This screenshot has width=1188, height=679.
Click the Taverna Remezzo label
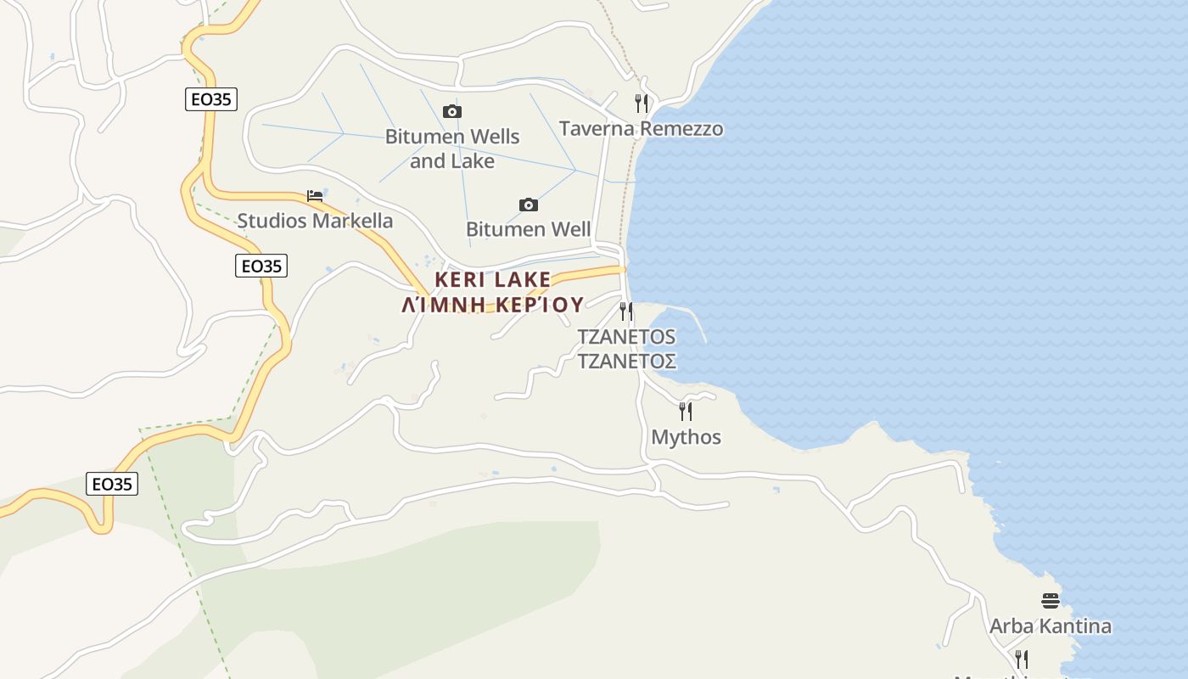[x=641, y=128]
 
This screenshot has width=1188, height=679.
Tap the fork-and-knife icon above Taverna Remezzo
[x=642, y=104]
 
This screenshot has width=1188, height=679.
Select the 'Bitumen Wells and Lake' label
[x=452, y=149]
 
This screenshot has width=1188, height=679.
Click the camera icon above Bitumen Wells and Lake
[x=452, y=112]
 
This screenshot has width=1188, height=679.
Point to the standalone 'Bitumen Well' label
[x=528, y=229]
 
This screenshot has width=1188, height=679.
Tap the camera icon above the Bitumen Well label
[x=528, y=205]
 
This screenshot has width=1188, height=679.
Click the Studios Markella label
[x=315, y=221]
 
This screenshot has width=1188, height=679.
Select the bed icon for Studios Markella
[x=315, y=196]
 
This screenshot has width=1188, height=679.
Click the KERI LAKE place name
[x=493, y=279]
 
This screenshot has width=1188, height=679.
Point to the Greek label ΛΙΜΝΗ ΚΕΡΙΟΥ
[x=493, y=305]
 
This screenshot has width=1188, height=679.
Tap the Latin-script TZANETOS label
[x=626, y=336]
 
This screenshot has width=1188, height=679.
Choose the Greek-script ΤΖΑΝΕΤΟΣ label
[x=626, y=362]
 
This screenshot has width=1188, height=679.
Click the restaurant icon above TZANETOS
[x=626, y=311]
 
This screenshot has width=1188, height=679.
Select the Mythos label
[x=686, y=437]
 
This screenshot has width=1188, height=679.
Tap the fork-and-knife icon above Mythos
[x=686, y=412]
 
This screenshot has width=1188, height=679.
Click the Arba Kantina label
[x=1051, y=626]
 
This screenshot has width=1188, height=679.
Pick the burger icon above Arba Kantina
[x=1051, y=601]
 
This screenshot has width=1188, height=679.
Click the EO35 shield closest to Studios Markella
[x=261, y=266]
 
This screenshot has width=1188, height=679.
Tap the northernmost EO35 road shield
[x=210, y=99]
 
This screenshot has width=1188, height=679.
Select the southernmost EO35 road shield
[x=112, y=484]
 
